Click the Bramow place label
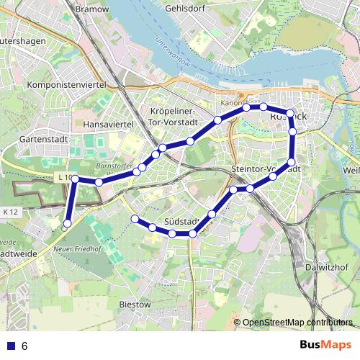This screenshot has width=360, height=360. (x=91, y=9)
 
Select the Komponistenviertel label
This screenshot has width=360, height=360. (x=66, y=85)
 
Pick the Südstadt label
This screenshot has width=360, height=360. (x=181, y=220)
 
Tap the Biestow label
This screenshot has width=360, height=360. (x=135, y=305)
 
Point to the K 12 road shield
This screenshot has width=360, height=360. (x=10, y=212)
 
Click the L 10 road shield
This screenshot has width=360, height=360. (x=63, y=177)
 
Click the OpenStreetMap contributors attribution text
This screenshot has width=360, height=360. (x=297, y=323)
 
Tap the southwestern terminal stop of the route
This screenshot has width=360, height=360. (x=67, y=224)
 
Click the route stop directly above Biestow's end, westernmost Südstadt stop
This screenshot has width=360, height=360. (x=134, y=218)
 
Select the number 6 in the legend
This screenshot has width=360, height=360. (x=24, y=346)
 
